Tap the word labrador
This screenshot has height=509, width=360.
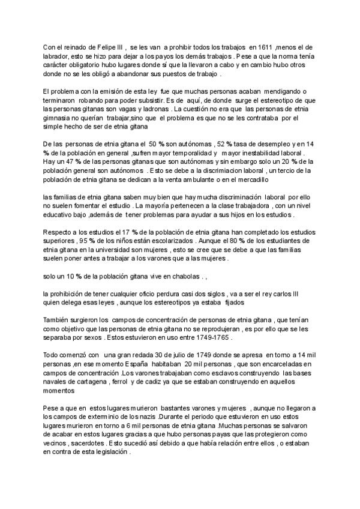58,56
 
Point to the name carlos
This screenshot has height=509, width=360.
280,294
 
